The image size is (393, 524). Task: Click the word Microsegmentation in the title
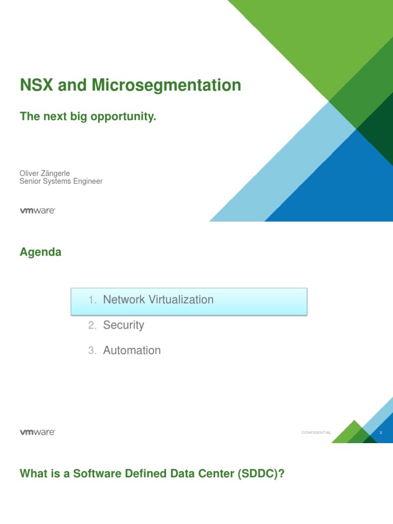click(166, 85)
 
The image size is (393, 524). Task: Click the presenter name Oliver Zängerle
click(45, 173)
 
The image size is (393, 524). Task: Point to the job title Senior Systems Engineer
click(61, 181)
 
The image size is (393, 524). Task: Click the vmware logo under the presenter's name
click(37, 210)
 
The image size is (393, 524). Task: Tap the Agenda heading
click(40, 252)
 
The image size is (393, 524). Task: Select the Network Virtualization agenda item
click(158, 300)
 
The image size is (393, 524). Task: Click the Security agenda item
click(123, 325)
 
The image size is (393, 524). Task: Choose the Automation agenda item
click(132, 351)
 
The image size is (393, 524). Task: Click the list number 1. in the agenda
click(92, 300)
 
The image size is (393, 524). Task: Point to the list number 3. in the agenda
click(92, 351)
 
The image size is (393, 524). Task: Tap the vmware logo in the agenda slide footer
click(37, 432)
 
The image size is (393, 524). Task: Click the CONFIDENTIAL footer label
click(316, 433)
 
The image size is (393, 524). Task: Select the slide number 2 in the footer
click(381, 433)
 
